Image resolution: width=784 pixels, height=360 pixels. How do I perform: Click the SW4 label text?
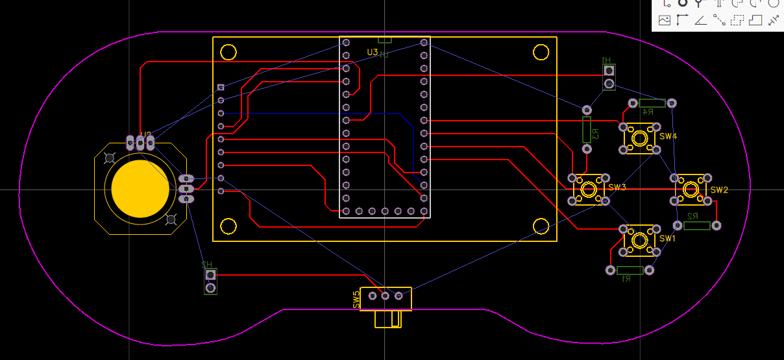668,137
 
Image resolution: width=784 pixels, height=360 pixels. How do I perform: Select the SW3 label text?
617,187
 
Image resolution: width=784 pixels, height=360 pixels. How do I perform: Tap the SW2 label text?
719,190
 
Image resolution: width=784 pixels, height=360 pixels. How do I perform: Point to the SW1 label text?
668,239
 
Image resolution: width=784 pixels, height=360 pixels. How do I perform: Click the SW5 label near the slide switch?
356,299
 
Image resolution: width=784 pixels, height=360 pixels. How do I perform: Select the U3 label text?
372,52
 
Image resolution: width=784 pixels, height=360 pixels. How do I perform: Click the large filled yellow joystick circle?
140,189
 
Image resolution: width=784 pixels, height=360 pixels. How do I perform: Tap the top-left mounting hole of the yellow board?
228,52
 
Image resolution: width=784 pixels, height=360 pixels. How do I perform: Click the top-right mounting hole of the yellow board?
541,52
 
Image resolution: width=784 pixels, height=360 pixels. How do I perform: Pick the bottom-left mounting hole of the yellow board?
228,226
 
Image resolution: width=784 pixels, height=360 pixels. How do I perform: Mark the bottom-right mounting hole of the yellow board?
541,226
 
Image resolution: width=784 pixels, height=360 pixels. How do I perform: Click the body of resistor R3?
587,130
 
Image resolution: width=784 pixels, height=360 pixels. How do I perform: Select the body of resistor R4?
652,103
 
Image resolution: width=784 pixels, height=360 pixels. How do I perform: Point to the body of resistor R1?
630,270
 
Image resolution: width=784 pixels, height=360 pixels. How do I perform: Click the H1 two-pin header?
609,77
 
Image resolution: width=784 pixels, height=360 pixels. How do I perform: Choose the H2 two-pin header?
210,282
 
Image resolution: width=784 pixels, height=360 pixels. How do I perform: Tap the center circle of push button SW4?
639,138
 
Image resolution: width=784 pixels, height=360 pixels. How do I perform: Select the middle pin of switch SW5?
385,296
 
